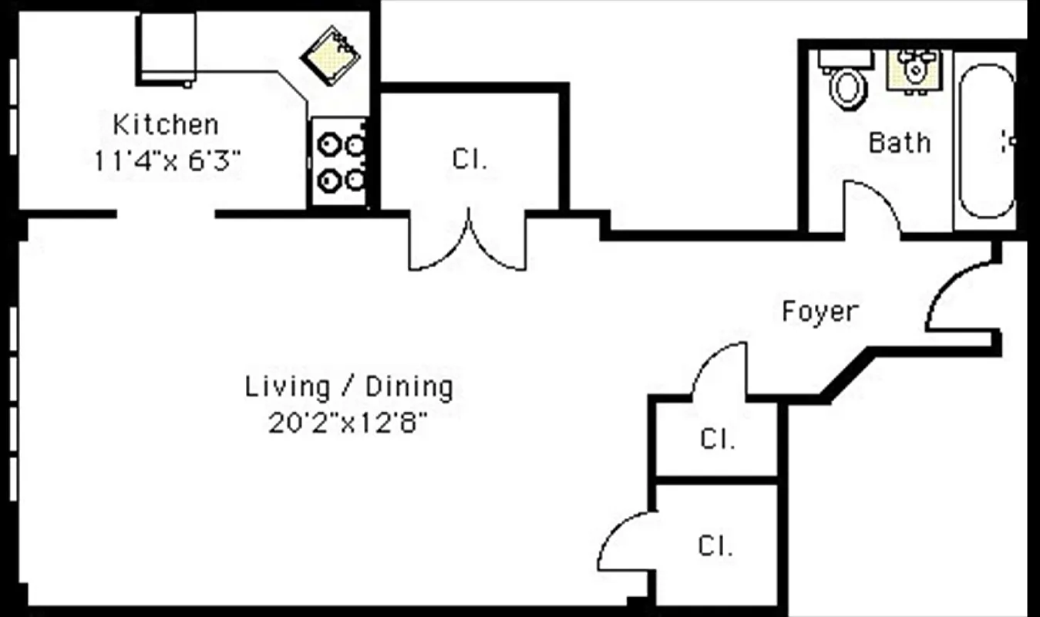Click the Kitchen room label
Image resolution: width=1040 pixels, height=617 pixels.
point(166,124)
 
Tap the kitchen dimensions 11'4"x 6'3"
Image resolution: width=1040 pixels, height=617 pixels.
point(167,160)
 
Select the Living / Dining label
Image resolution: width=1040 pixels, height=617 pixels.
point(348,386)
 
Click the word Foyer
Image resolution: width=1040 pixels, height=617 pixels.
point(820,312)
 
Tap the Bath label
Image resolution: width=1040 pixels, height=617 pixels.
point(899,143)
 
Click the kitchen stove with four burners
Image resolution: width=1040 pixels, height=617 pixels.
point(339,162)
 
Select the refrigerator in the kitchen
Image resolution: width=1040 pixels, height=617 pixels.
point(167,48)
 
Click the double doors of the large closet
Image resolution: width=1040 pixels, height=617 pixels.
point(468,243)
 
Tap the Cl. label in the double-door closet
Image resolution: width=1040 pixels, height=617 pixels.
point(470,160)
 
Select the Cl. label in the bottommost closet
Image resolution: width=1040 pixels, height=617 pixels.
point(715,547)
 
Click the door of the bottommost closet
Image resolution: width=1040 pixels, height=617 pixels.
point(624,543)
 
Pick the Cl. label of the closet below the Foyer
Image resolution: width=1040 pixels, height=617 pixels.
point(717,439)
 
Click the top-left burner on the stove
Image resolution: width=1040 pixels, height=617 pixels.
point(329,144)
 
